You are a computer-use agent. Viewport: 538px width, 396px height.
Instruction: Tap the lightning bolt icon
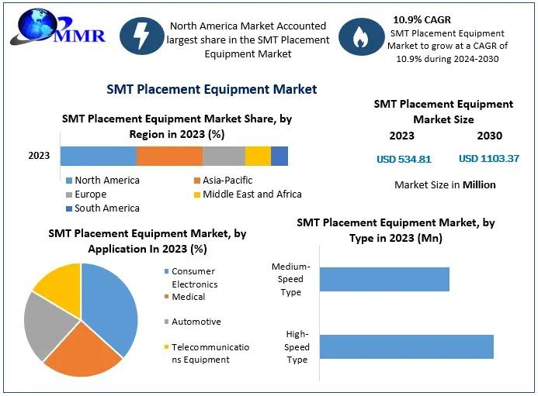coord(143,39)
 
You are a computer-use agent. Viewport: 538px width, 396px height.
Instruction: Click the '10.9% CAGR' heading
coord(424,19)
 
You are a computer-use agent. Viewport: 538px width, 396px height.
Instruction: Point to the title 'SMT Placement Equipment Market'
coord(211,89)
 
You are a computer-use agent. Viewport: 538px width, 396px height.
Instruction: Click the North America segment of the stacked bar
coord(98,156)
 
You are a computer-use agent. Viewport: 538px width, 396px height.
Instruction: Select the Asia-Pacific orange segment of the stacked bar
coord(169,156)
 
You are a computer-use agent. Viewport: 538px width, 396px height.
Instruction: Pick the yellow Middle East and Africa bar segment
coord(258,156)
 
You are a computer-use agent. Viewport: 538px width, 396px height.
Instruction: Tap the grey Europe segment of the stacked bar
coord(224,156)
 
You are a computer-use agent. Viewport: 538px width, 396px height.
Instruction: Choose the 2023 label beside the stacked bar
coord(39,156)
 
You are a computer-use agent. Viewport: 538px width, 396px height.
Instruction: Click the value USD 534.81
coord(404,160)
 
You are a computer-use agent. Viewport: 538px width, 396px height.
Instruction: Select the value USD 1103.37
coord(489,159)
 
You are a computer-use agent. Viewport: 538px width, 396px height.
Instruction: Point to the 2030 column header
coord(489,136)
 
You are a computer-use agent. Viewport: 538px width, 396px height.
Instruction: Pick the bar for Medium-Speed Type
coord(384,279)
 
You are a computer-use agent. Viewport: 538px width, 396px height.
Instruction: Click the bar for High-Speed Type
coord(406,346)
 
